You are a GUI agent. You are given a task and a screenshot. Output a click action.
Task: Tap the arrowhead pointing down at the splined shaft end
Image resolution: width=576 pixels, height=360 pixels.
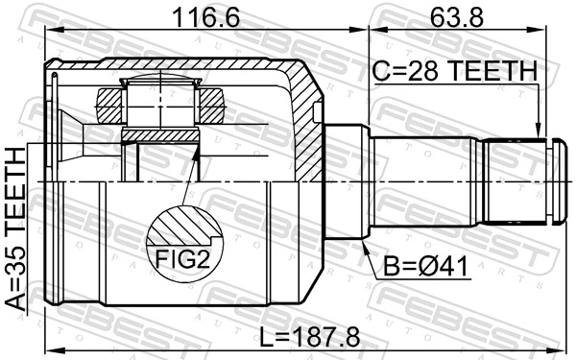tap(540, 134)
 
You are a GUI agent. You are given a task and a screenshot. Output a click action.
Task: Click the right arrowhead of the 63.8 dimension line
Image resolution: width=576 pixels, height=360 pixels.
tap(558, 30)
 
